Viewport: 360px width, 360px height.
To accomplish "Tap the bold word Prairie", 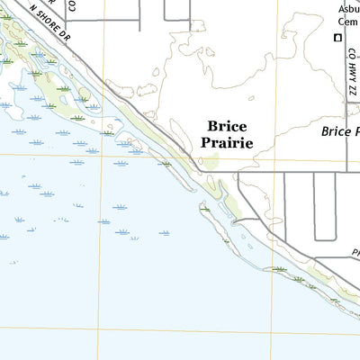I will point(227,143).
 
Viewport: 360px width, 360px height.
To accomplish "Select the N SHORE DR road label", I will point(50,22).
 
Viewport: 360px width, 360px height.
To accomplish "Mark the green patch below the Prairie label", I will point(212,162).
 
